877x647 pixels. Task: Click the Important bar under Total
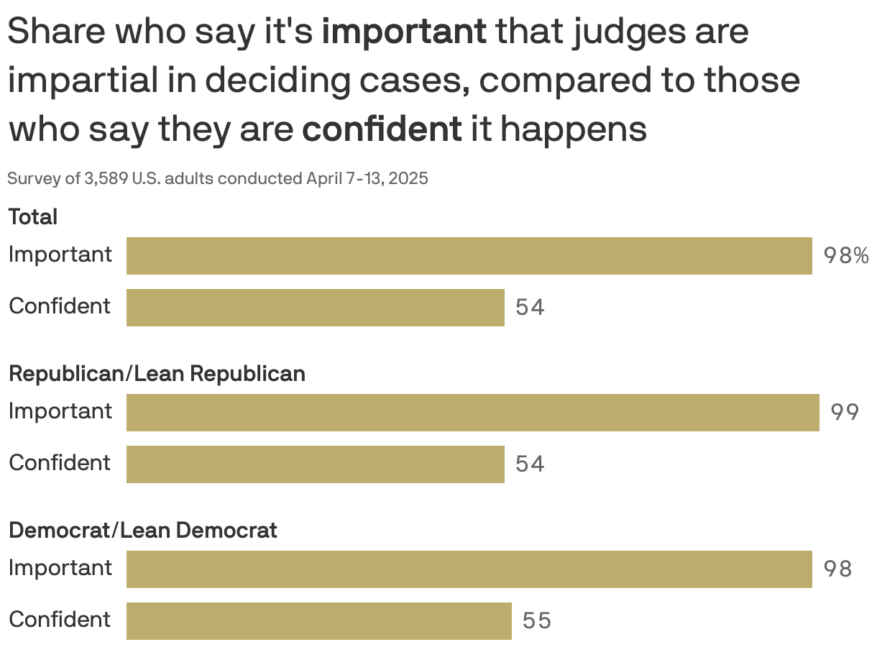pos(469,256)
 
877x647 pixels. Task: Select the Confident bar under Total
pos(315,308)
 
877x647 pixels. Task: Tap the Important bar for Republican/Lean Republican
pos(472,413)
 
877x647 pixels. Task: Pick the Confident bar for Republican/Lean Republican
pos(315,464)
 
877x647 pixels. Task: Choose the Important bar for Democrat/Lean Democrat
pos(469,569)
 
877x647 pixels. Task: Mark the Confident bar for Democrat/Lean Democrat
pos(318,621)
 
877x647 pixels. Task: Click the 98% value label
pos(845,256)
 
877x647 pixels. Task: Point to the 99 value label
pos(845,413)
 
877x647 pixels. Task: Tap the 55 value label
pos(536,621)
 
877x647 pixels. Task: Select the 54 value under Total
pos(530,308)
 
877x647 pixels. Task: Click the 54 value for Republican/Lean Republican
pos(530,464)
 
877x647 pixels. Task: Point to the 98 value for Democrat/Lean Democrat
pos(837,569)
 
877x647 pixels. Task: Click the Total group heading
pos(33,217)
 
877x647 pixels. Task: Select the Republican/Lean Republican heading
pos(157,374)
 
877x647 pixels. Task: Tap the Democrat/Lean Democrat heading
pos(142,531)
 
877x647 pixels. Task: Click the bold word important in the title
pos(404,32)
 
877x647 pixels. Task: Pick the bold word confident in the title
pos(382,129)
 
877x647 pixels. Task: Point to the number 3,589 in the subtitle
pos(106,178)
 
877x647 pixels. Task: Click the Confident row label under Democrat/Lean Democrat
pos(60,620)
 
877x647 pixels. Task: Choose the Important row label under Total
pos(60,254)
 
